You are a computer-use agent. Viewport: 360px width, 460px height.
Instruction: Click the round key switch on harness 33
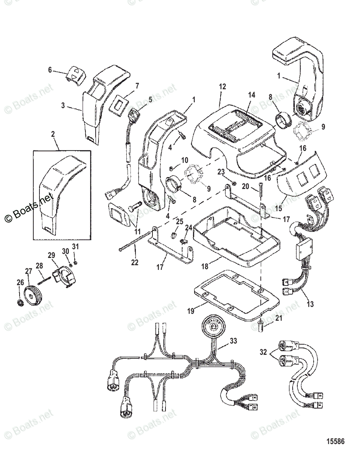[x=212, y=327]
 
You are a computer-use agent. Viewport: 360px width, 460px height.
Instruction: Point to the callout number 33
[x=233, y=340]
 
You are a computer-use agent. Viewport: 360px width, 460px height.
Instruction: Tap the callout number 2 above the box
[x=53, y=135]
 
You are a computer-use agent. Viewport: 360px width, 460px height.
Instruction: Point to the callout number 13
[x=310, y=304]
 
